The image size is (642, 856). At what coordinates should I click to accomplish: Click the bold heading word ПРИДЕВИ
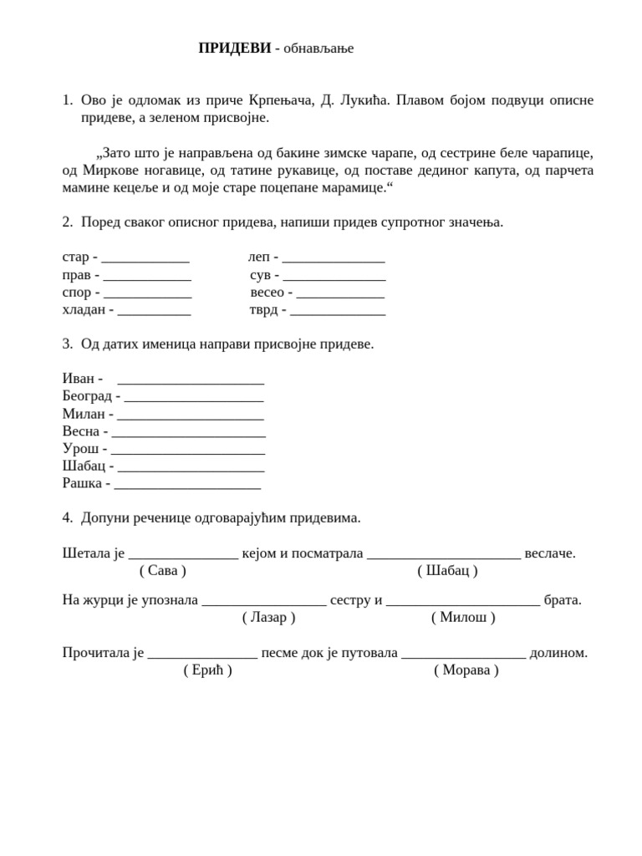tap(234, 48)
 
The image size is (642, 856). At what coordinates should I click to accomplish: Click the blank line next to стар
tap(145, 258)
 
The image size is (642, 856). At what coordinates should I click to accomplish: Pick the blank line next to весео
tap(340, 293)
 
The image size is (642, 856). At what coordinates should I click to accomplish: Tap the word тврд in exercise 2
tap(264, 310)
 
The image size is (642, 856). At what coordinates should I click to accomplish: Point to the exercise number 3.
tap(67, 344)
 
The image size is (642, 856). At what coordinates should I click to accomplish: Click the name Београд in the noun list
tap(87, 396)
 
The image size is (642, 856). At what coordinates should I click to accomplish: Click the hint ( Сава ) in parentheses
tap(163, 571)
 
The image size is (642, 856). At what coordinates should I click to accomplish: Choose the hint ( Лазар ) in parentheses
tap(269, 618)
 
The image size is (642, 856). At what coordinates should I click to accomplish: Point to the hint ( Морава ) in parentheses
tap(466, 670)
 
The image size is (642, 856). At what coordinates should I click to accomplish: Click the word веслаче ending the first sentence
tap(549, 553)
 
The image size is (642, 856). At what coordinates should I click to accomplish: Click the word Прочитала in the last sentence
tap(97, 653)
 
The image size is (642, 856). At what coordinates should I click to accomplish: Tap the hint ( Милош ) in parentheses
tap(463, 618)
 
